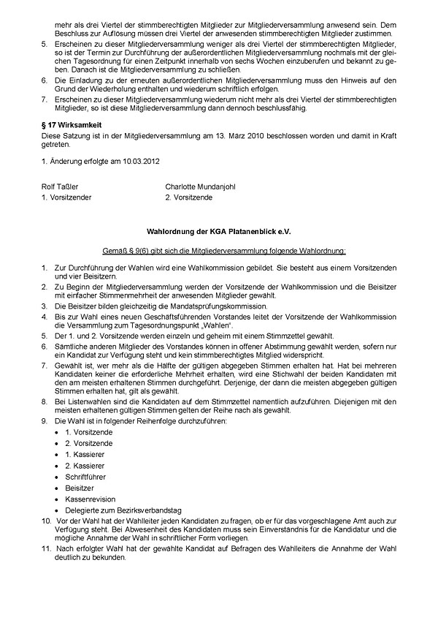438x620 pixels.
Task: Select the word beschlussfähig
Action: pyautogui.click(x=282, y=109)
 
